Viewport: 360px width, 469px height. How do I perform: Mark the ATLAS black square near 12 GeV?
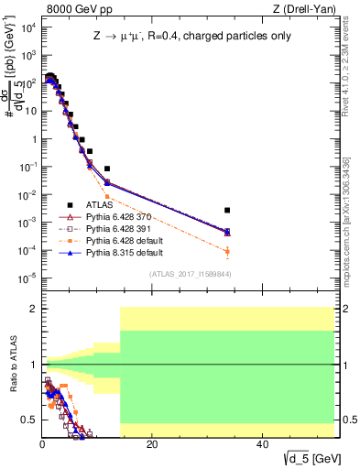tap(107, 169)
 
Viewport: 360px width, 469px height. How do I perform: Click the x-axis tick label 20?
tap(152, 444)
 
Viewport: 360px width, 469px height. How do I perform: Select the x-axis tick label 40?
tap(262, 444)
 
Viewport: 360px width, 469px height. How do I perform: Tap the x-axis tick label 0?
tap(42, 444)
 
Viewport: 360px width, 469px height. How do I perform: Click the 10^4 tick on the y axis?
tap(27, 27)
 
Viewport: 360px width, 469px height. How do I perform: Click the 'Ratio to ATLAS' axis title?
tap(12, 365)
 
